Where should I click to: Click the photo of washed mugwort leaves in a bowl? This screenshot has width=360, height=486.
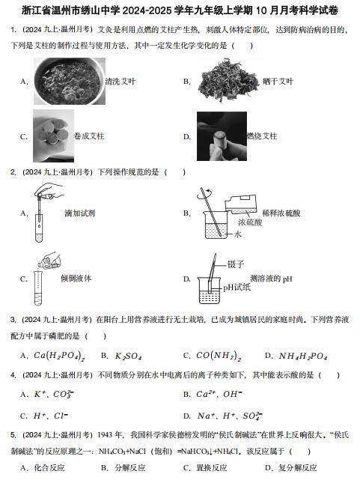pyautogui.click(x=70, y=81)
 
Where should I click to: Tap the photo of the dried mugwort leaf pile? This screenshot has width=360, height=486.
pyautogui.click(x=228, y=81)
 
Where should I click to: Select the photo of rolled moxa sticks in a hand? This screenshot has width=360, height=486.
pyautogui.click(x=53, y=136)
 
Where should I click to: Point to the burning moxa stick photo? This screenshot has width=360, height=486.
pyautogui.click(x=222, y=136)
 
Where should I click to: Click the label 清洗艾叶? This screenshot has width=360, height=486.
pyautogui.click(x=120, y=82)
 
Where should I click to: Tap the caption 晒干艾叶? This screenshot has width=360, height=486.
pyautogui.click(x=278, y=82)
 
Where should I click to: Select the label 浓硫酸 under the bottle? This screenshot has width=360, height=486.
pyautogui.click(x=250, y=222)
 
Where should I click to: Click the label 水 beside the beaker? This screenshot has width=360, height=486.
pyautogui.click(x=237, y=234)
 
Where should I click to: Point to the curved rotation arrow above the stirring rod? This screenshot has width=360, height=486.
pyautogui.click(x=204, y=193)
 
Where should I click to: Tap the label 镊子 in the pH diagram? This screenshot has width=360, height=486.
pyautogui.click(x=236, y=264)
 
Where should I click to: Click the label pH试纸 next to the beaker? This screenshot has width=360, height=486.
pyautogui.click(x=237, y=288)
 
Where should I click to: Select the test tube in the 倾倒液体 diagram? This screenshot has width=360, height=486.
pyautogui.click(x=38, y=288)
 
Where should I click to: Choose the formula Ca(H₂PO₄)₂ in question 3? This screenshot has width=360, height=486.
pyautogui.click(x=59, y=356)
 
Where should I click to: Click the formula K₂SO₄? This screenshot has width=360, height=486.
pyautogui.click(x=128, y=356)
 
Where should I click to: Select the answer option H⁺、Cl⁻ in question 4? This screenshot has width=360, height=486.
pyautogui.click(x=51, y=416)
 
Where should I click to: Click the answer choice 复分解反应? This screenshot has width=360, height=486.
pyautogui.click(x=297, y=468)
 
